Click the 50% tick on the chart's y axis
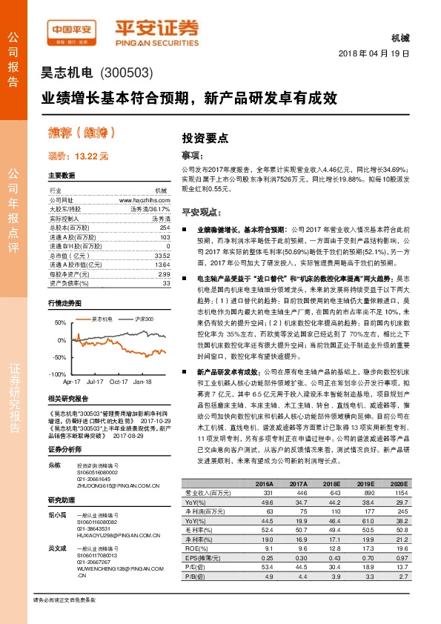click(x=59, y=323)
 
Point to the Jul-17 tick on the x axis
click(x=95, y=382)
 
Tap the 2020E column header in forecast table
click(x=399, y=482)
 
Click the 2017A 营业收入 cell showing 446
click(x=301, y=492)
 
